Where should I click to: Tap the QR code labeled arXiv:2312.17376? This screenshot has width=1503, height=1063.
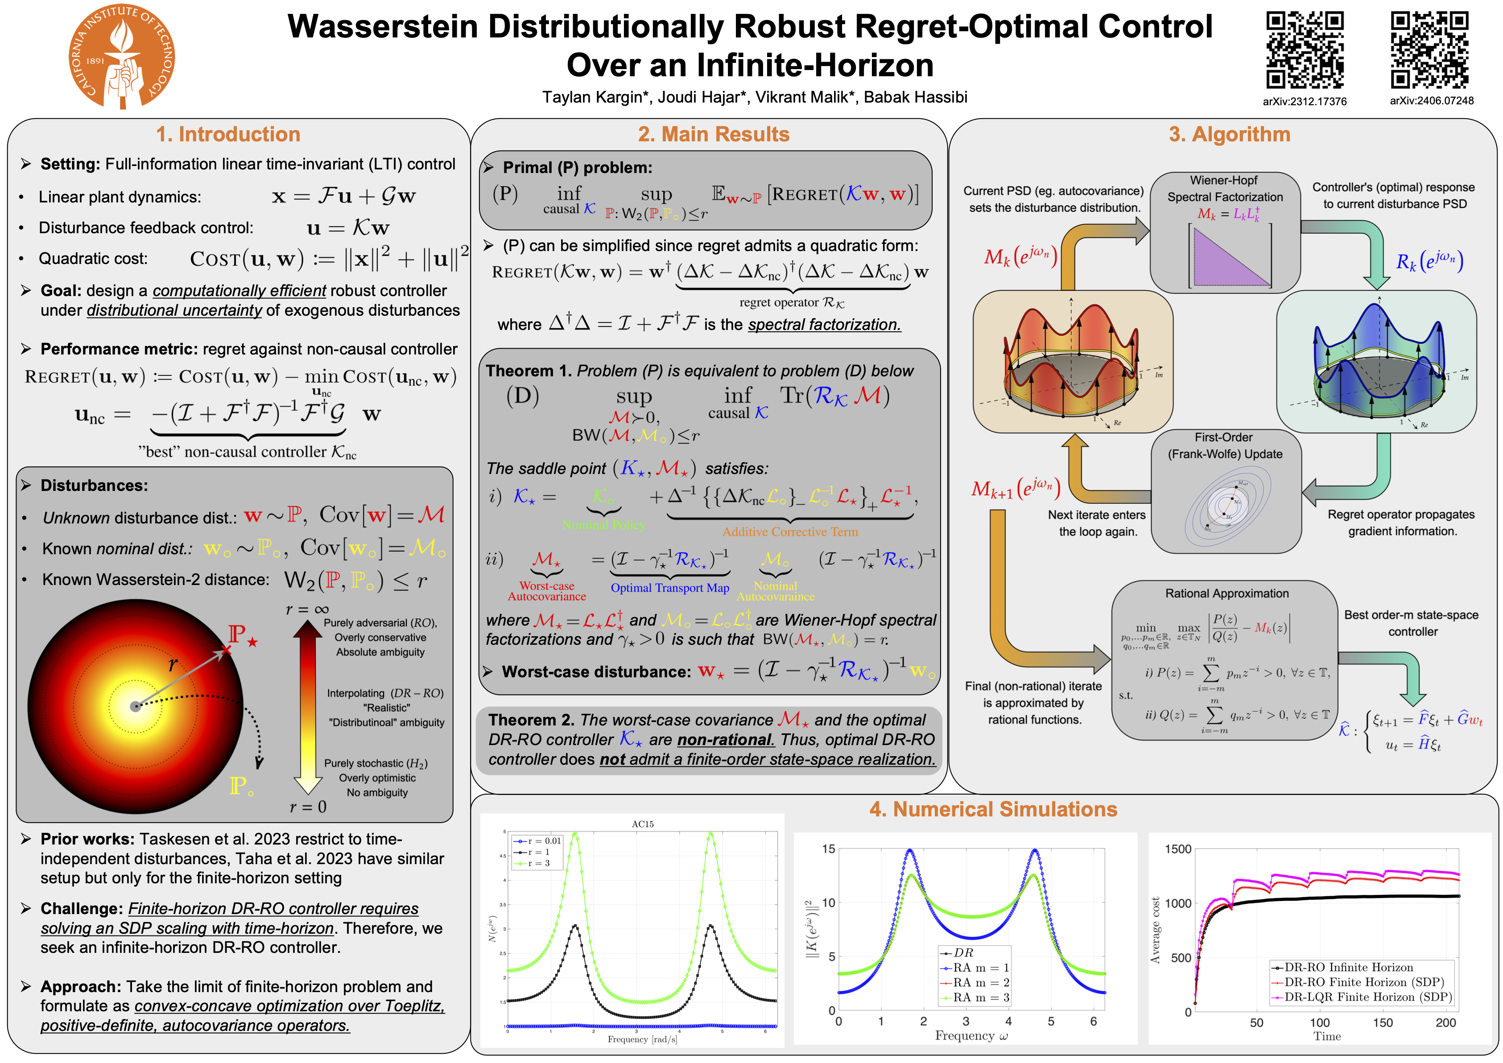coord(1304,50)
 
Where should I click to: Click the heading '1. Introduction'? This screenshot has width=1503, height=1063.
coord(228,134)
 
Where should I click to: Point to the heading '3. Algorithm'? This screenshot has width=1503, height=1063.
coord(1229,134)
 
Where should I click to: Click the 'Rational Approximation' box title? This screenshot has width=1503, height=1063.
coord(1226,593)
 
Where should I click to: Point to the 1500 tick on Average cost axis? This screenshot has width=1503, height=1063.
coord(1178,849)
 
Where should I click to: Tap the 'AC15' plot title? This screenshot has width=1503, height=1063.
coord(642,824)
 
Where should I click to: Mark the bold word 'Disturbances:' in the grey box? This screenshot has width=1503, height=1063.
coord(94,486)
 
